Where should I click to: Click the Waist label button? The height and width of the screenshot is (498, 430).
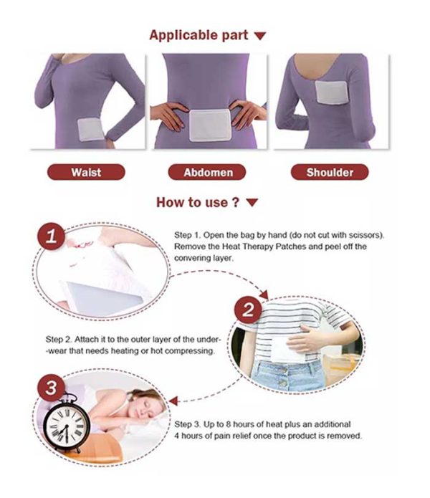click(x=86, y=172)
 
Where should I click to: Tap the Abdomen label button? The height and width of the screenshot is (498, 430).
click(x=206, y=172)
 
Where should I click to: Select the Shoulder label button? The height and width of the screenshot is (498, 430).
click(x=329, y=172)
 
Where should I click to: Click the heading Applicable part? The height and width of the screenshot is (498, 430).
click(x=199, y=35)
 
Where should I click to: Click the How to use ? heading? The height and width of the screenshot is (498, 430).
click(x=197, y=202)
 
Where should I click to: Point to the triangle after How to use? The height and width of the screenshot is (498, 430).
click(x=252, y=203)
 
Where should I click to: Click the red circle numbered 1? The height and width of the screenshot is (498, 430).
click(x=49, y=239)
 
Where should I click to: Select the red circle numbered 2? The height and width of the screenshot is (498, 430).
click(x=248, y=311)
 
